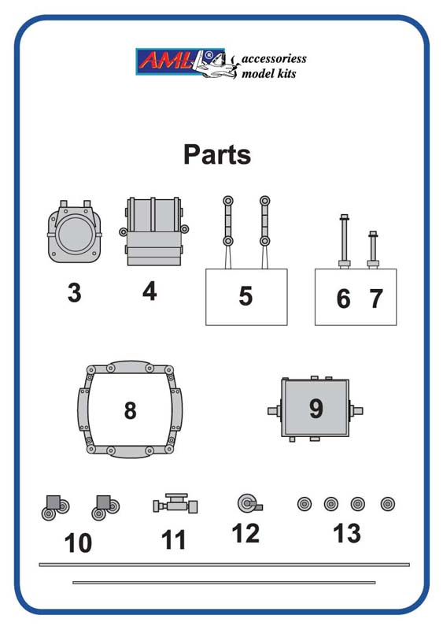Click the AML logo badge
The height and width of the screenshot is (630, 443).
(180, 61)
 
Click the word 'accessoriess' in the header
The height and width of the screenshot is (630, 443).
(274, 58)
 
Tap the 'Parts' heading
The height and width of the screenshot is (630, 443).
(217, 154)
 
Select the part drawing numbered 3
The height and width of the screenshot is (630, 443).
(75, 232)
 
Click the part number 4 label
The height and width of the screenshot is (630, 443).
(150, 291)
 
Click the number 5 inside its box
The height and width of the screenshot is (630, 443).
(245, 296)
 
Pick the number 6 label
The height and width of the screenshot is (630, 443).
(343, 299)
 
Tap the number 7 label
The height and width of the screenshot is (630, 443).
(376, 298)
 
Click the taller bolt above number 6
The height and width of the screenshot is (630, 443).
(344, 241)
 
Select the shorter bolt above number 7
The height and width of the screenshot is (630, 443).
(373, 249)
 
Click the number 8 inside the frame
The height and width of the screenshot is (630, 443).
(130, 410)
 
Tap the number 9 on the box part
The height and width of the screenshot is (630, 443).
(316, 409)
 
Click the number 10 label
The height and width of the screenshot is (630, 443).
(79, 543)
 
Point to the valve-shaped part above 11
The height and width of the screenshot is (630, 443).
(175, 503)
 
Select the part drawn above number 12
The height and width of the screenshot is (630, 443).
(249, 503)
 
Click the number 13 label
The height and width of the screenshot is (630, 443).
(347, 533)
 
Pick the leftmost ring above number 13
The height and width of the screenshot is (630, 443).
(305, 504)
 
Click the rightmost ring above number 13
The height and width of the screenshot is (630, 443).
(388, 504)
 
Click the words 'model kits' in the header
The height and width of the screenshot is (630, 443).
(268, 73)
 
